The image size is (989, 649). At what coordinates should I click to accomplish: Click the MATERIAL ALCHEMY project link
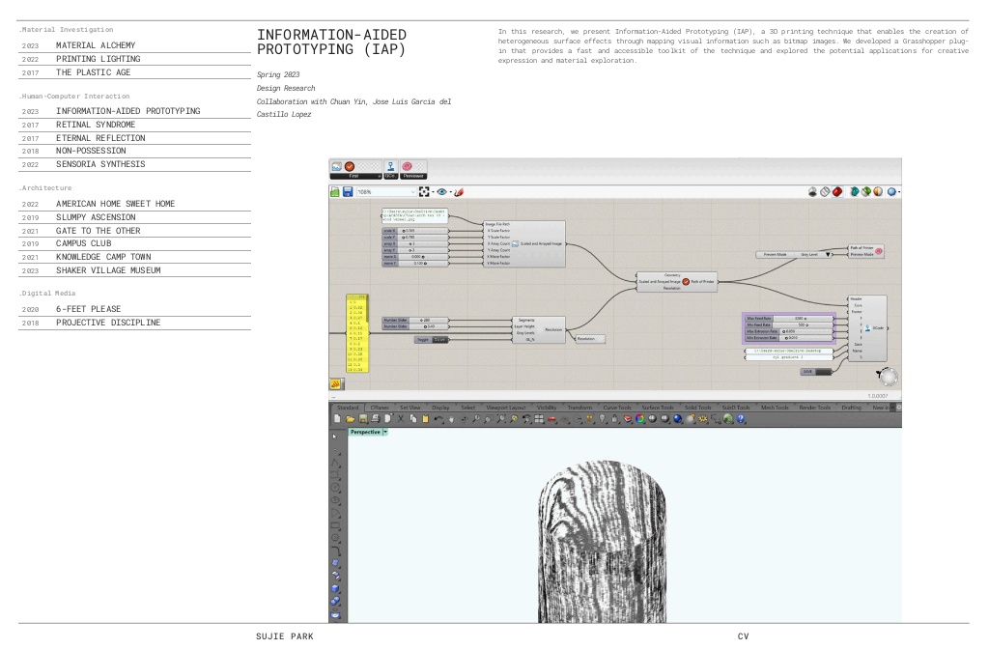click(x=95, y=45)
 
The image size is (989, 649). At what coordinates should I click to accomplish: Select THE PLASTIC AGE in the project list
click(x=93, y=72)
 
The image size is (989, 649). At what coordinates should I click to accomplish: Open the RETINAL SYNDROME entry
click(x=95, y=125)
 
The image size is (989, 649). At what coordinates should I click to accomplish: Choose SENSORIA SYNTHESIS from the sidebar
click(x=100, y=164)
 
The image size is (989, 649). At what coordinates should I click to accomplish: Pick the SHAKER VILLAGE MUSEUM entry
click(x=108, y=270)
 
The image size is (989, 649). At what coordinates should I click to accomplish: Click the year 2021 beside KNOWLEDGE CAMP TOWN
click(x=29, y=257)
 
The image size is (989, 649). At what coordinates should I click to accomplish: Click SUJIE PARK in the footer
click(x=285, y=636)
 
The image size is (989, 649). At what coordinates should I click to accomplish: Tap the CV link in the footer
click(x=743, y=636)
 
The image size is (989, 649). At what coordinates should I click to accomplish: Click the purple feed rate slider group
click(x=787, y=328)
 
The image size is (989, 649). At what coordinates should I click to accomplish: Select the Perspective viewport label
click(x=365, y=432)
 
